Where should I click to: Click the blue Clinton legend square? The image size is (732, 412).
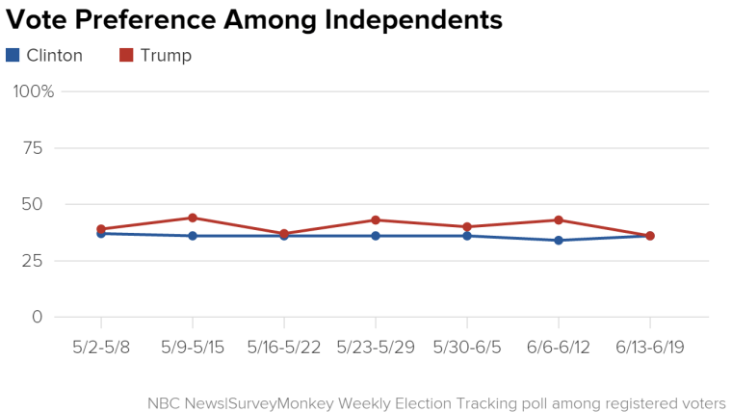click(x=13, y=56)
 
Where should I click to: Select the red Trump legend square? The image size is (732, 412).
click(x=126, y=56)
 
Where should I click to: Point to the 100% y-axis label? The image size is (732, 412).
click(x=34, y=91)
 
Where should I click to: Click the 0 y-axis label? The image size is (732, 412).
click(x=38, y=317)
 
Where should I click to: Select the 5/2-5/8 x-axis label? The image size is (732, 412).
click(x=101, y=347)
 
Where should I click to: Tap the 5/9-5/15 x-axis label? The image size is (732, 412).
click(x=193, y=347)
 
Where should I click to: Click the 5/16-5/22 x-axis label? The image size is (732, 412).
click(x=284, y=347)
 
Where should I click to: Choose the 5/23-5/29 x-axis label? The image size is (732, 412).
click(x=376, y=347)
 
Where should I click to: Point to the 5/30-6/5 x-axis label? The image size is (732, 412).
click(x=467, y=347)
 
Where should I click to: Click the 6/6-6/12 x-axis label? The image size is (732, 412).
click(x=559, y=347)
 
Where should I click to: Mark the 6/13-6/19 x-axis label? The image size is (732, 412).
click(x=650, y=347)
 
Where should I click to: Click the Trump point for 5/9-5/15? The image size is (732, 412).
click(x=193, y=218)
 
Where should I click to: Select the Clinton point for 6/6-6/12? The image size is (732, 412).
click(x=559, y=241)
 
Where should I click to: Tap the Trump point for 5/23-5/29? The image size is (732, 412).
click(x=376, y=220)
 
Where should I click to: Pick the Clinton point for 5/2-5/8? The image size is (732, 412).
click(x=101, y=234)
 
